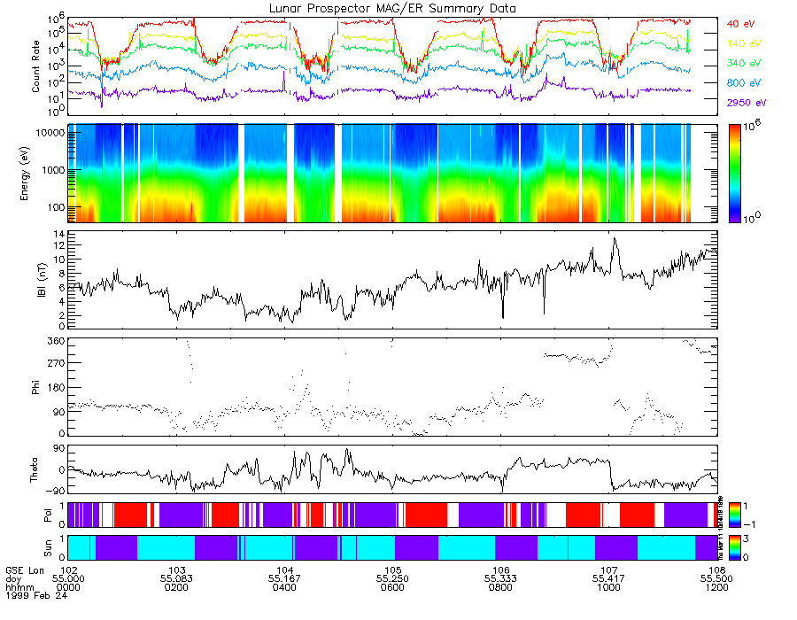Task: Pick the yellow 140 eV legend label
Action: (743, 43)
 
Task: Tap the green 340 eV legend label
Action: (743, 63)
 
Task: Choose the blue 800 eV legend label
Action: (743, 82)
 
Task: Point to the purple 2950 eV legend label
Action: (746, 103)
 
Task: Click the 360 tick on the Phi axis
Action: (57, 341)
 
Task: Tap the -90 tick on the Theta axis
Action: (57, 490)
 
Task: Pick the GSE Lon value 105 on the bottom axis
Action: (393, 570)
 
